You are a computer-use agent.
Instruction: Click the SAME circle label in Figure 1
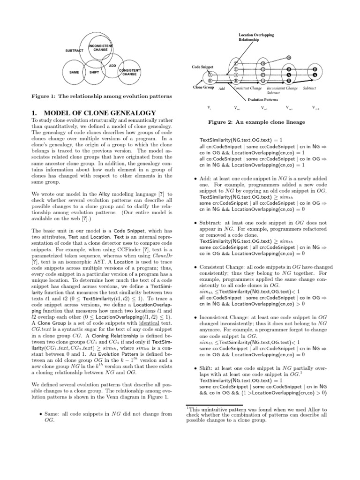(74, 72)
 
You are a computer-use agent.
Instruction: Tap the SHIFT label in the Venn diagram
(94, 72)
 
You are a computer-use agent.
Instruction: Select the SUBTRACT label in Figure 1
(74, 50)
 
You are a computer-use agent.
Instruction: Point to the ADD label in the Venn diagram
(112, 66)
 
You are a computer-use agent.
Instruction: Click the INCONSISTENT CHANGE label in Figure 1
(100, 47)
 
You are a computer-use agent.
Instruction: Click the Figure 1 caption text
(101, 97)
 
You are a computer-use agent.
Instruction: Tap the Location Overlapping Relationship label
(256, 37)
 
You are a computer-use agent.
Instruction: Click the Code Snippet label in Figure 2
(202, 67)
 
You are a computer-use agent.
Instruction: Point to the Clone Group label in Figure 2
(204, 88)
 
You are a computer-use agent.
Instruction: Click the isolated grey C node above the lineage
(289, 57)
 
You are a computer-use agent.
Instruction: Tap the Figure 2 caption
(256, 122)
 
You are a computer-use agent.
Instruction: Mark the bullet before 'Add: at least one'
(195, 179)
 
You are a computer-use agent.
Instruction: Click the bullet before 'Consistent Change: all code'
(195, 267)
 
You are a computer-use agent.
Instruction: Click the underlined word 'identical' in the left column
(150, 323)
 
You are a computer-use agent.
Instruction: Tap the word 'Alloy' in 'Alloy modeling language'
(105, 194)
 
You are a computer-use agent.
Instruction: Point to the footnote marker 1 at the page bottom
(188, 407)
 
